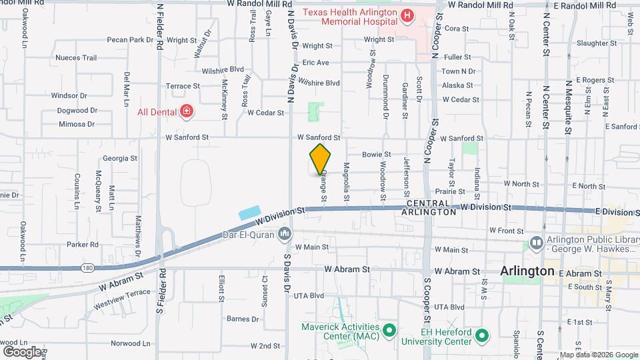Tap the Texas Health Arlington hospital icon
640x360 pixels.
pos(406,14)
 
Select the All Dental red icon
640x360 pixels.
pos(187,111)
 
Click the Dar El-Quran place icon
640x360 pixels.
pos(285,233)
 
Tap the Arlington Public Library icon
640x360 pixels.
pos(535,243)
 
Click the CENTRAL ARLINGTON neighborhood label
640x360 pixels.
pos(431,207)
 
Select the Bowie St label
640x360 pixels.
pos(376,154)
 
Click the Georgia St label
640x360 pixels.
pos(120,159)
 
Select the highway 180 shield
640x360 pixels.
pos(88,268)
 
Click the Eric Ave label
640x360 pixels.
pos(316,63)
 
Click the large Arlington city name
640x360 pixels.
pos(527,271)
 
